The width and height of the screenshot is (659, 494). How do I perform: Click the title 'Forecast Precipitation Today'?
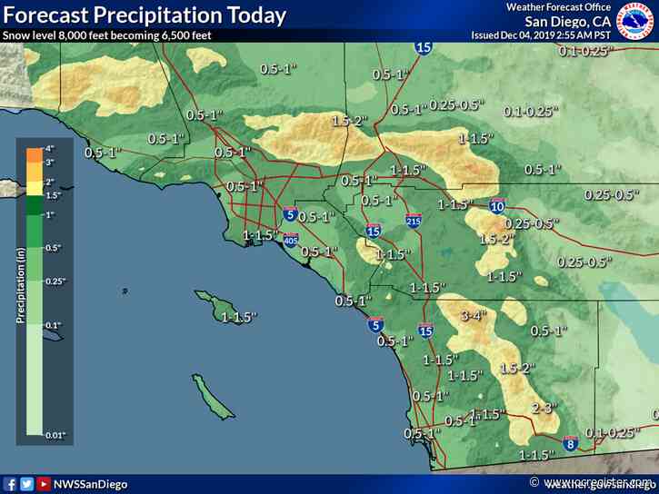[x=145, y=15]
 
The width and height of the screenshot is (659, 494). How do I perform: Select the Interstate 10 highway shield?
[x=497, y=207]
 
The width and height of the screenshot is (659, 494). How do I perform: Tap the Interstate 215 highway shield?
[x=414, y=220]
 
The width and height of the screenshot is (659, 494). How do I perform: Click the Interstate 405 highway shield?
[x=291, y=241]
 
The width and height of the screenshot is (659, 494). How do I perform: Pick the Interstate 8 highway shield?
[x=570, y=444]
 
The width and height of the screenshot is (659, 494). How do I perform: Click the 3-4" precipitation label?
[x=474, y=316]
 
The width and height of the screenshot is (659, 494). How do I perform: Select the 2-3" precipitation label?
[x=544, y=408]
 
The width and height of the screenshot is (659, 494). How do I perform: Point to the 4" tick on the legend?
[x=52, y=147]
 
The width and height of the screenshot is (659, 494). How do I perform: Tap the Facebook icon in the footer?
[x=11, y=484]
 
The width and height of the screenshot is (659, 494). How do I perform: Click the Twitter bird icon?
[x=27, y=484]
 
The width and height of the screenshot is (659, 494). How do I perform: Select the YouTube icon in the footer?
[x=44, y=484]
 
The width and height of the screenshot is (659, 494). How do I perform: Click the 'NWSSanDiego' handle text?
[x=91, y=484]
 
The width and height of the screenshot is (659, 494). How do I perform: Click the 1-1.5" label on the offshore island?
[x=239, y=317]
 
